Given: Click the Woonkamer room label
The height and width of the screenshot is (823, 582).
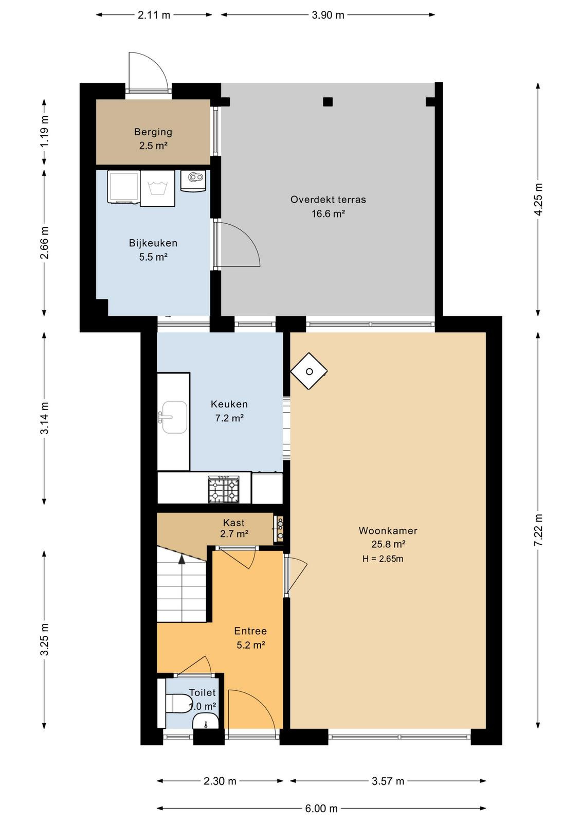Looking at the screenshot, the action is pos(388,530).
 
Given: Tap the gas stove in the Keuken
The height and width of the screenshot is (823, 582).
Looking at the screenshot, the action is pos(224,489).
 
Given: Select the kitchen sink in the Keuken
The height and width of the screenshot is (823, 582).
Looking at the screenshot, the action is pos(174,417).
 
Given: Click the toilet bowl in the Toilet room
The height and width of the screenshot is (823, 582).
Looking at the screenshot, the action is pos(178,703).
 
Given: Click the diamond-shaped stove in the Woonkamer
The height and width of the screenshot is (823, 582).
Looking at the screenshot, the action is pos(309,371).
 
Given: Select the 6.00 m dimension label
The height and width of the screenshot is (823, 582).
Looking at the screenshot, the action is pos(321,808).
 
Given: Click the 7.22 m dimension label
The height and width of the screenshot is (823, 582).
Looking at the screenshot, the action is pos(538,530).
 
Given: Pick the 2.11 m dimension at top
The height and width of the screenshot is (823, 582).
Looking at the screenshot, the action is pos(154,15).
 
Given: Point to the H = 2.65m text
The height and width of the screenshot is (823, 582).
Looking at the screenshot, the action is pos(383,559).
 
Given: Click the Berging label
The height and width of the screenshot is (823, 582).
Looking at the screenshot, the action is pos(153,132).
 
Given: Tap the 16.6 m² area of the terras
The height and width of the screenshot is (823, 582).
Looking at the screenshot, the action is pos(328,213).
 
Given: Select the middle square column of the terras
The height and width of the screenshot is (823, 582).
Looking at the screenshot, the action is pos(328,101).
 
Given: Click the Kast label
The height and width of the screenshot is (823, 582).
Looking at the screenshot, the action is pos(233,523).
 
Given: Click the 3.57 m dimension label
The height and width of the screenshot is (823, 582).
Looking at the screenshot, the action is pos(388,781).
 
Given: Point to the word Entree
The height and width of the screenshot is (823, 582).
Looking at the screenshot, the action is pos(250,631).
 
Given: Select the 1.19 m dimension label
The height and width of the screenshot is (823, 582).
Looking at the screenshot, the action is pos(44,131).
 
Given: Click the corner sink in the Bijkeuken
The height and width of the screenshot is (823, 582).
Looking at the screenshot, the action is pos(195,180).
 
